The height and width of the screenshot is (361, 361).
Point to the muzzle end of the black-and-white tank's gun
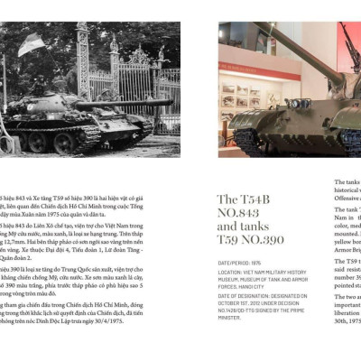pyautogui.click(x=172, y=104)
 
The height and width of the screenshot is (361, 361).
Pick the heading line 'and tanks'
pyautogui.click(x=244, y=227)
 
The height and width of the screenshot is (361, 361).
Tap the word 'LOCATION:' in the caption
pyautogui.click(x=230, y=271)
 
